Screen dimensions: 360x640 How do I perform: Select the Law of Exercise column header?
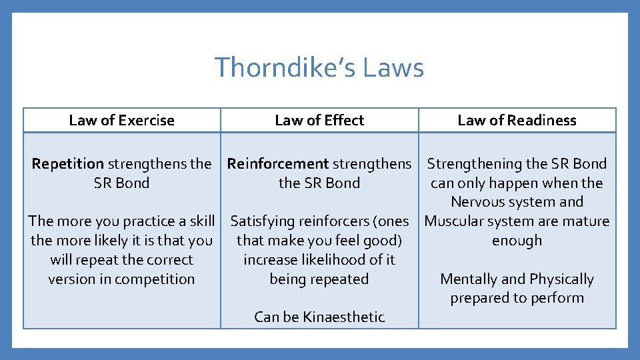[x=121, y=121]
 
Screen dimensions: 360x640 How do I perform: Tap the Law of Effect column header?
[x=319, y=121]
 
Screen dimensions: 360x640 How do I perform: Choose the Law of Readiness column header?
[x=517, y=121]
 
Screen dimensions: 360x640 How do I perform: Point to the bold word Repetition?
[x=68, y=164]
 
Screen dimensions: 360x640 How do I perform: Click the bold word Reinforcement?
[x=278, y=164]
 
